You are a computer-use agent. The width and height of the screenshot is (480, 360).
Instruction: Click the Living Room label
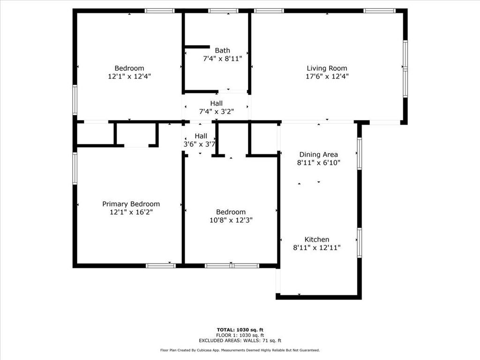(x=327, y=68)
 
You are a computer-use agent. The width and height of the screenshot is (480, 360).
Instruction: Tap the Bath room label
(x=223, y=51)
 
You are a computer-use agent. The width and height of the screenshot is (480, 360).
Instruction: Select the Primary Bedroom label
(x=131, y=204)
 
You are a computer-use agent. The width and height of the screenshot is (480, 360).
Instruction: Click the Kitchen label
(x=317, y=240)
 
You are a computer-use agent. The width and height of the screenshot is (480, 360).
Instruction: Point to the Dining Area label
(x=319, y=154)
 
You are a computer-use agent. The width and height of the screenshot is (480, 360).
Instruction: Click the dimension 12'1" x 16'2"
(x=131, y=212)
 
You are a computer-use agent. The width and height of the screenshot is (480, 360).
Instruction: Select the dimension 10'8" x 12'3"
(x=231, y=220)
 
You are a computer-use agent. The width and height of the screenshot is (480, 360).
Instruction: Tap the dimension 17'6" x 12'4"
(x=327, y=76)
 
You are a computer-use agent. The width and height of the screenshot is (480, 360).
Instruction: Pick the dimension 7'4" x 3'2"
(x=217, y=111)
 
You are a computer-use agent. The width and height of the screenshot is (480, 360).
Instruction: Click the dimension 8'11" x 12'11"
(x=317, y=247)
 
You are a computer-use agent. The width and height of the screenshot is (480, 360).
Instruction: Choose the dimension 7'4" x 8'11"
(x=223, y=59)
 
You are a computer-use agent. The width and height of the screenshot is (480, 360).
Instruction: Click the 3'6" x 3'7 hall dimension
(x=199, y=144)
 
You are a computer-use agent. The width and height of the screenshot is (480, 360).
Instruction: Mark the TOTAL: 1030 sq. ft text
(x=240, y=330)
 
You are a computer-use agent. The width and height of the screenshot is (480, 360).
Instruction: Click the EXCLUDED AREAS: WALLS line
(x=240, y=341)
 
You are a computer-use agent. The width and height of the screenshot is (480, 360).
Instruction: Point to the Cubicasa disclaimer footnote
(x=240, y=350)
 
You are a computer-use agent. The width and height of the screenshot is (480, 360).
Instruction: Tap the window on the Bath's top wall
(x=223, y=10)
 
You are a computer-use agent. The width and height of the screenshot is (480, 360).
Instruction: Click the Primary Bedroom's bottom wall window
(x=161, y=266)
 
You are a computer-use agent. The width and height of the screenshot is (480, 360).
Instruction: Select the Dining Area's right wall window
(x=360, y=153)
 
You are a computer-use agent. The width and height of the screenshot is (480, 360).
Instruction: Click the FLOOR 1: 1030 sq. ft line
(x=240, y=335)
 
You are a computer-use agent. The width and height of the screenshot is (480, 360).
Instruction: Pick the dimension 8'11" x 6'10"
(x=319, y=163)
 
